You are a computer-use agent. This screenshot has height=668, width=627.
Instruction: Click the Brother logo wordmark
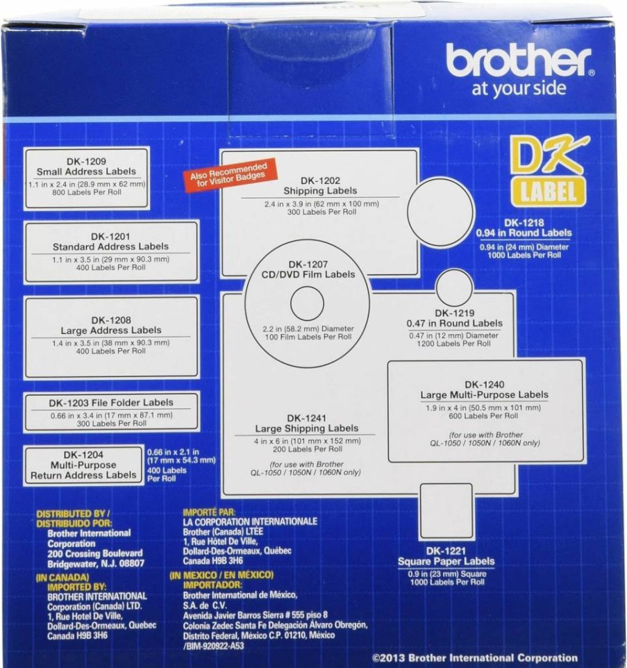(519, 61)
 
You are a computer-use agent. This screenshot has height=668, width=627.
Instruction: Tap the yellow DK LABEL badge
(549, 172)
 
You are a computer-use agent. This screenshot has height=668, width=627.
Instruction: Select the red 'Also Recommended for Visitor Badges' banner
(230, 175)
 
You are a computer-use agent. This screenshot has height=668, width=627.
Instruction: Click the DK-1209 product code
(86, 162)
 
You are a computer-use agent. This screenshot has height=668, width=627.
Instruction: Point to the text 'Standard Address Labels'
(110, 247)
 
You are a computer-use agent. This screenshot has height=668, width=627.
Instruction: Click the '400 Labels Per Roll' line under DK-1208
(110, 351)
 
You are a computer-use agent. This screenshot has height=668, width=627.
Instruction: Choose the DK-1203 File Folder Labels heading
(111, 403)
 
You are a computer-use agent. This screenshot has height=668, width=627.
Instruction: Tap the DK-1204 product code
(83, 455)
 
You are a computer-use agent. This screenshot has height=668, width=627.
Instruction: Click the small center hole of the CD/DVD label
(307, 303)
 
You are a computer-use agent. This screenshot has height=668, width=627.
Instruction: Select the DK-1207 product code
(308, 265)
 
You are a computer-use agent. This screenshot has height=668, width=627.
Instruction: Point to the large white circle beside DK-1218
(441, 212)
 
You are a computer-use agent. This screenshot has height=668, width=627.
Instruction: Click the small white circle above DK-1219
(454, 287)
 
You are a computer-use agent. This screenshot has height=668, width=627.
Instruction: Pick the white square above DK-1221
(446, 511)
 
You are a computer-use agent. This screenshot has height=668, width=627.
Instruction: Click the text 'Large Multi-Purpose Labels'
(484, 395)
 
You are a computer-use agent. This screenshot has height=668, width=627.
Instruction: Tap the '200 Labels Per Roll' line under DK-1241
(308, 449)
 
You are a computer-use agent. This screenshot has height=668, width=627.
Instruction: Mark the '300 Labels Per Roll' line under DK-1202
(321, 212)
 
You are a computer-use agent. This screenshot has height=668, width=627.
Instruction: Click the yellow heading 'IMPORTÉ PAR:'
(209, 512)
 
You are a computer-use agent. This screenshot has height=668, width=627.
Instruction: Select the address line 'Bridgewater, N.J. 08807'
(96, 564)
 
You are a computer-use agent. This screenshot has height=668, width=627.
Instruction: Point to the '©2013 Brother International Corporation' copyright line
(475, 658)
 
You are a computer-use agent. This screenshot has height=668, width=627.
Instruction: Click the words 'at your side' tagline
(519, 89)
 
